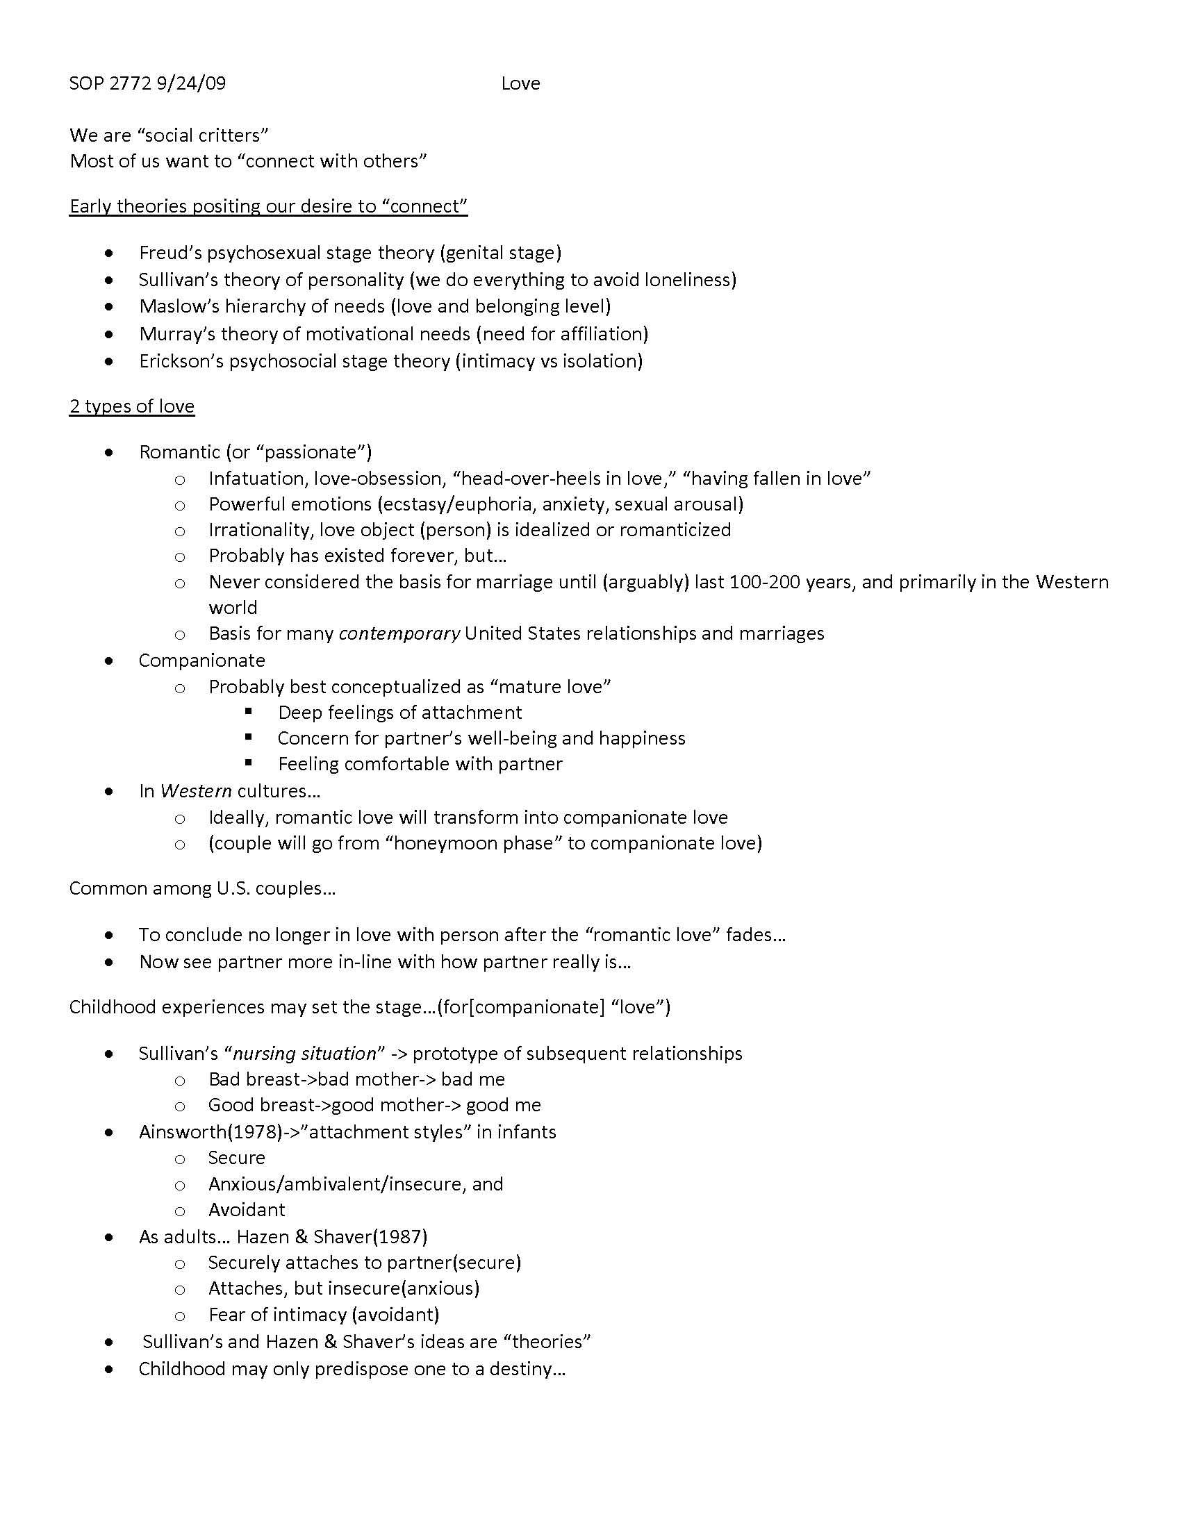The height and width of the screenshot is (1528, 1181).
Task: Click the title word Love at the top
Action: click(x=520, y=83)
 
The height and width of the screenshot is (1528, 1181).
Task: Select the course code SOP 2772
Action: click(x=110, y=83)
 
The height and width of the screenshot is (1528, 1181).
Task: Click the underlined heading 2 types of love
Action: click(x=131, y=406)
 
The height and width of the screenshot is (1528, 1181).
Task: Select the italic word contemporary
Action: click(x=399, y=633)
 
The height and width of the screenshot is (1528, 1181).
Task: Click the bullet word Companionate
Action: click(x=201, y=661)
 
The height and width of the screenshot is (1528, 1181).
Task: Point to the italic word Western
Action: click(x=196, y=791)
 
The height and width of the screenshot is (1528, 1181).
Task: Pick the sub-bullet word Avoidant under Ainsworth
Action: click(x=247, y=1210)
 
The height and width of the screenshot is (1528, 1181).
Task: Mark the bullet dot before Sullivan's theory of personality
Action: click(x=108, y=280)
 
